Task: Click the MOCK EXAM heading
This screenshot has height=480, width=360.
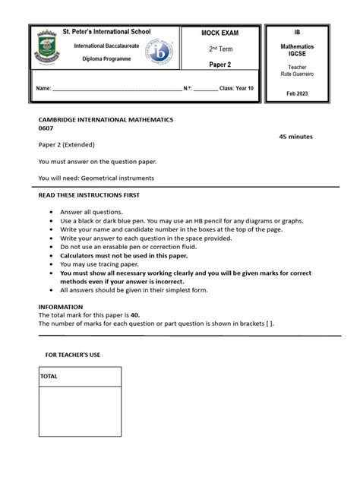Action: pyautogui.click(x=219, y=34)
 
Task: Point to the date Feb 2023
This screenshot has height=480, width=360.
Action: pyautogui.click(x=297, y=93)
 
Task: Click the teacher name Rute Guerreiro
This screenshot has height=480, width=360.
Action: pyautogui.click(x=297, y=73)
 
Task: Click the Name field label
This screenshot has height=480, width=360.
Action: pyautogui.click(x=43, y=89)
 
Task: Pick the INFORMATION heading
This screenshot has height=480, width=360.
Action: pyautogui.click(x=62, y=307)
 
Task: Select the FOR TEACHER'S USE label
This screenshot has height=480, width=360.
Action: pyautogui.click(x=73, y=355)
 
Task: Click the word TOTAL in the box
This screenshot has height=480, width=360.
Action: pyautogui.click(x=49, y=377)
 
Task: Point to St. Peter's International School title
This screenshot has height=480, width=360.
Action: pyautogui.click(x=106, y=33)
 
